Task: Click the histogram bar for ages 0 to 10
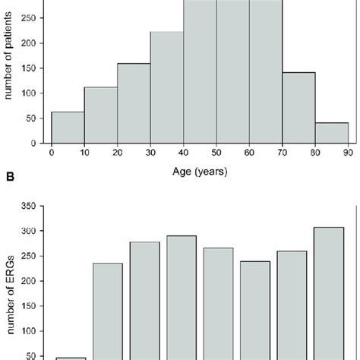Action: click(67, 127)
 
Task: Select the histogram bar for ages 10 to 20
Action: click(100, 114)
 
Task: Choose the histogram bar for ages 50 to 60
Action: click(232, 71)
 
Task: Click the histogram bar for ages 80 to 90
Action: click(331, 132)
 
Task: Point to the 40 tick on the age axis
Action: click(183, 152)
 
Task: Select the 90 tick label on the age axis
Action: click(348, 152)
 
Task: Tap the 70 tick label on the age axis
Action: click(282, 152)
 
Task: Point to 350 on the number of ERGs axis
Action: click(35, 206)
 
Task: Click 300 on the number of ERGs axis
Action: click(35, 231)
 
